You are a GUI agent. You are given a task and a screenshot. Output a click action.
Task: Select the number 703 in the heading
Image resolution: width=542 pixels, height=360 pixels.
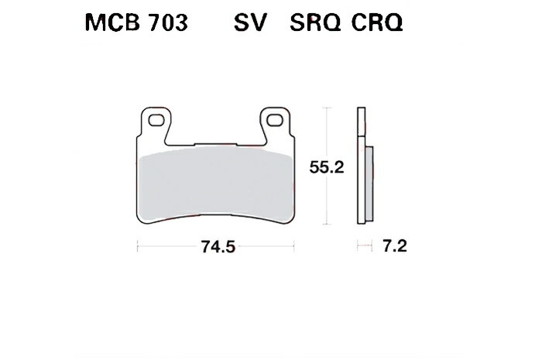coord(164,25)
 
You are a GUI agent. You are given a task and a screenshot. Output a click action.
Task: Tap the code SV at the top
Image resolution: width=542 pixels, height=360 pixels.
coord(249,25)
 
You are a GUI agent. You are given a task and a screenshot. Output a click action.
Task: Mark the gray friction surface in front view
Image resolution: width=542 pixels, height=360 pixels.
coord(216,182)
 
